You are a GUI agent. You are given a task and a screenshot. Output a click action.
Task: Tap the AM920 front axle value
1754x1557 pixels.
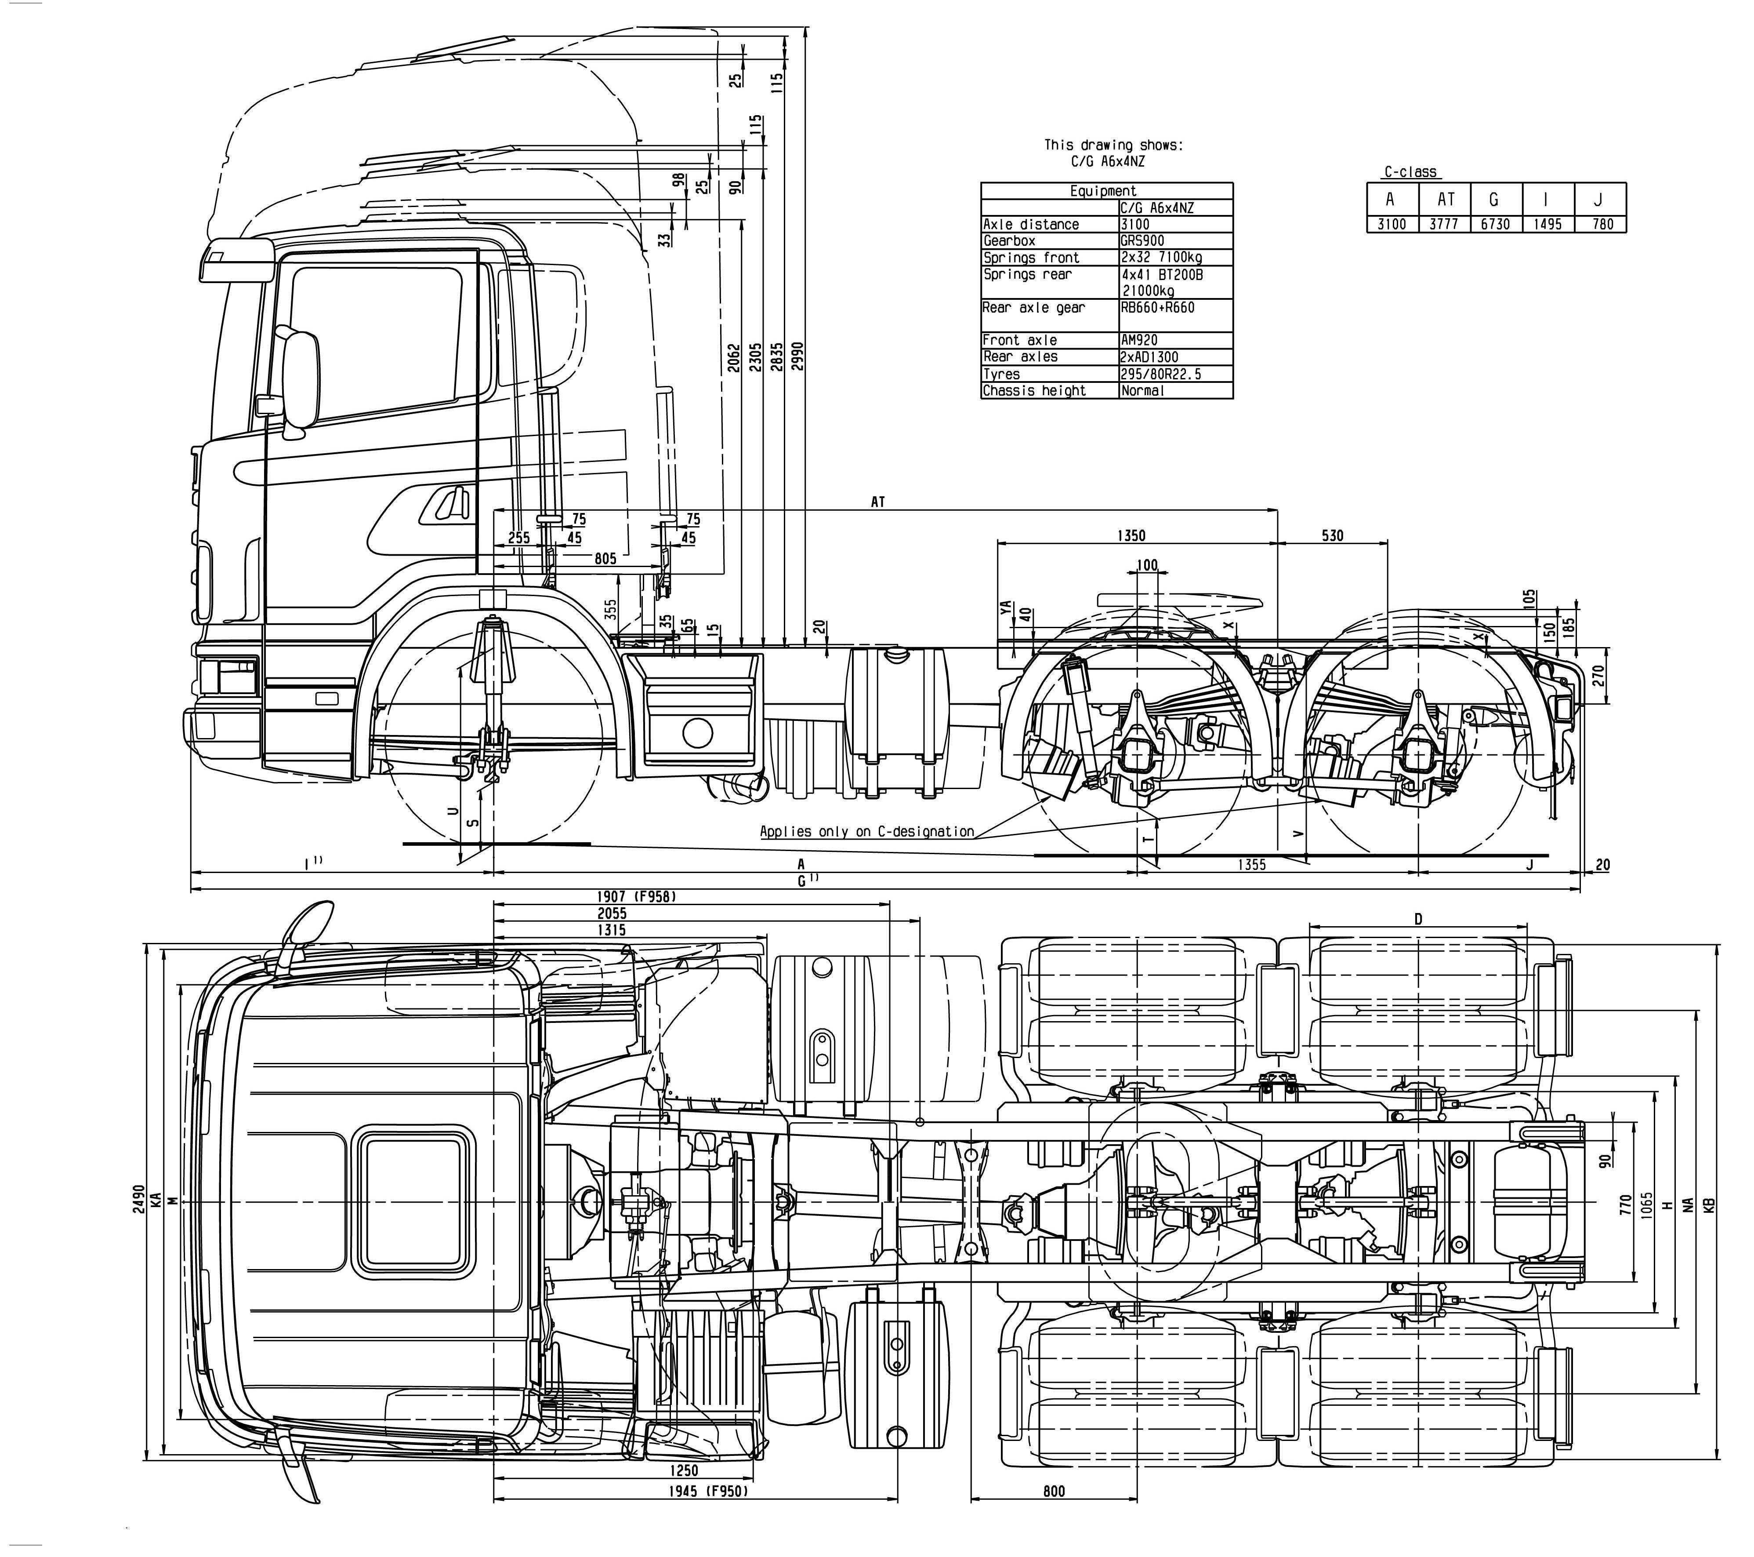click(x=1140, y=340)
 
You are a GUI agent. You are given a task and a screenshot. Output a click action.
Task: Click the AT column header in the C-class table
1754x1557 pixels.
click(x=1446, y=199)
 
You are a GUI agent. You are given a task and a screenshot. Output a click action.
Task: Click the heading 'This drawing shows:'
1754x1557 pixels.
click(x=1113, y=145)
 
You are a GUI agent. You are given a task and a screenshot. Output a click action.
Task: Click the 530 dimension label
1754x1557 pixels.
click(x=1332, y=535)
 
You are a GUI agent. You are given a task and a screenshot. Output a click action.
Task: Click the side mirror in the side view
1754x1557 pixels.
click(x=301, y=378)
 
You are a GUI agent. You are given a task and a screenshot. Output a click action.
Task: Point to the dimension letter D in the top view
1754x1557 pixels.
click(x=1417, y=919)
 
